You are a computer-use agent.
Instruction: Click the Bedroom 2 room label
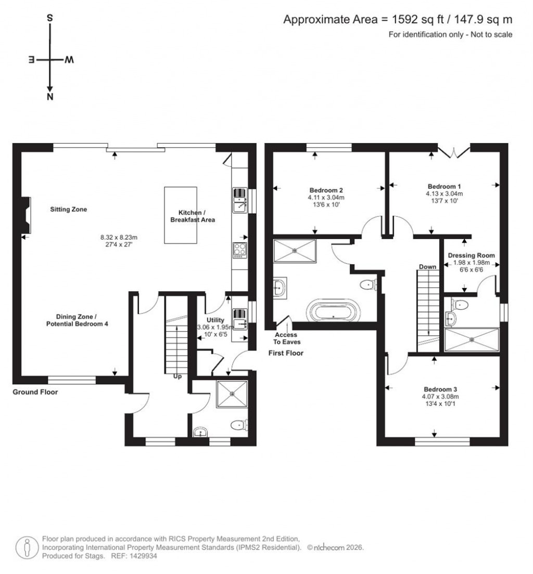[326, 190]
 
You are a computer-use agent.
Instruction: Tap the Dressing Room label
[471, 255]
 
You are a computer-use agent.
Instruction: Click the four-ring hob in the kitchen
[240, 250]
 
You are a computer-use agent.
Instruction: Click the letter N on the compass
[50, 97]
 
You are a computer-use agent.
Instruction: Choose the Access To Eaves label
[288, 338]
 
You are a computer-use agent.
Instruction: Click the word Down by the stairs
[427, 267]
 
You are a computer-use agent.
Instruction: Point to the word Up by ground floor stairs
[177, 377]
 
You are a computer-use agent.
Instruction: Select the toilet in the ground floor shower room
[238, 425]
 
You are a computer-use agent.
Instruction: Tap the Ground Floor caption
[35, 392]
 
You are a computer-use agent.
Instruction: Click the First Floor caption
[286, 353]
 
